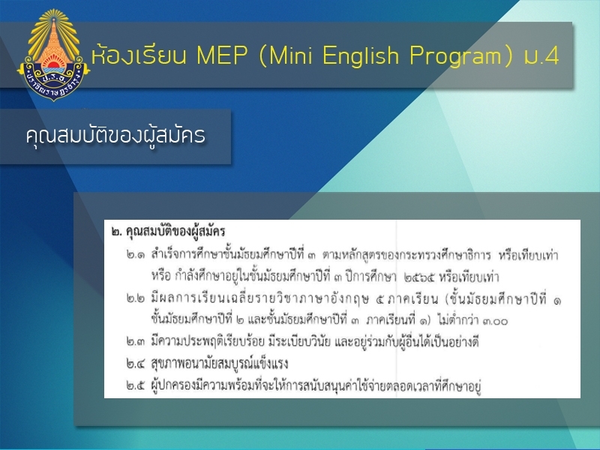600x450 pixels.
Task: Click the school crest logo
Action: (53, 55)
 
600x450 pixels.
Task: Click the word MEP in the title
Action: (222, 55)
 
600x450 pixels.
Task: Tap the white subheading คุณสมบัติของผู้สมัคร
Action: (115, 135)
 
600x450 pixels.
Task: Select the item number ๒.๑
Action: (136, 255)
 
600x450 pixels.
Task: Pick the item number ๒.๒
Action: (136, 298)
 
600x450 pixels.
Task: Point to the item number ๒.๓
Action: (136, 341)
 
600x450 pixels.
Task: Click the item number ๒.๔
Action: (136, 363)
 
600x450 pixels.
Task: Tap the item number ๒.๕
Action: (136, 385)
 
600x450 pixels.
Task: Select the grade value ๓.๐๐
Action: (495, 320)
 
